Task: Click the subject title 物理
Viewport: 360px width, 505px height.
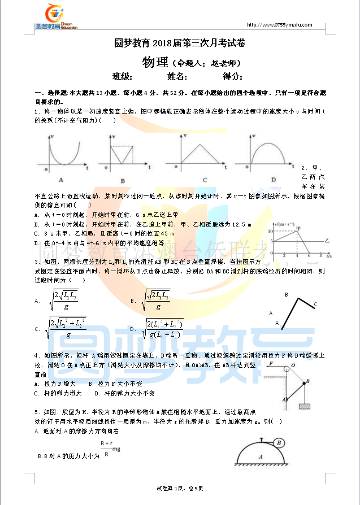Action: (155, 62)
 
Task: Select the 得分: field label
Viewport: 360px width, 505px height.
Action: (232, 77)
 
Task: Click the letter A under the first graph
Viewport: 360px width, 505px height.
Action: (60, 180)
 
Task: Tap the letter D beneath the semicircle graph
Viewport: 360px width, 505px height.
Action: (273, 180)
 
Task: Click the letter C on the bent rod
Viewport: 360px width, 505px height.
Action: (315, 304)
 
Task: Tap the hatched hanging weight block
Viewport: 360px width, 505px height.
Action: (305, 405)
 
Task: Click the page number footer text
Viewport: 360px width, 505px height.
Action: (179, 487)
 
